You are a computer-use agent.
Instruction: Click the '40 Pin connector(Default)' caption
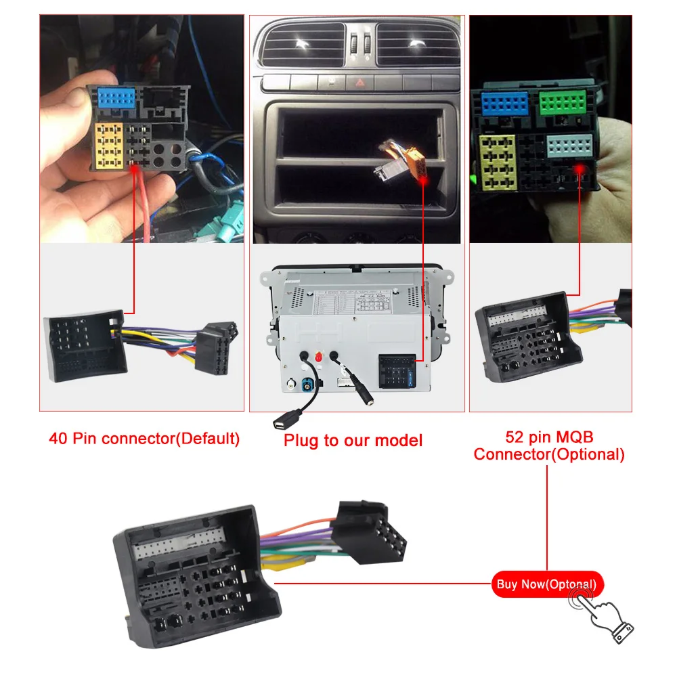(x=144, y=438)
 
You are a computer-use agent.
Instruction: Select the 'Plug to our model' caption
(x=353, y=440)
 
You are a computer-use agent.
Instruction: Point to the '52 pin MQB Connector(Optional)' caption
(x=548, y=445)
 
